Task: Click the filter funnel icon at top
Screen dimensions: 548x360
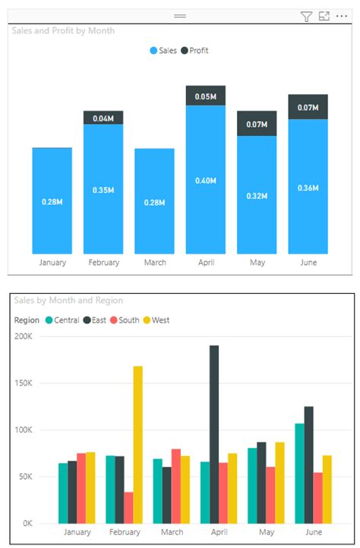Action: coord(306,17)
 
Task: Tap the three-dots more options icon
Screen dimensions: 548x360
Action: coord(342,16)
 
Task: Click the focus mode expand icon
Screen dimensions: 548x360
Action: coord(324,16)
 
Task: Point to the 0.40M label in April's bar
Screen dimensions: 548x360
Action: coord(205,181)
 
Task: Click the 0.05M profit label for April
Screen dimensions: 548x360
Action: coord(205,96)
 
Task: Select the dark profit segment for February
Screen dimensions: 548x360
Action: coord(103,118)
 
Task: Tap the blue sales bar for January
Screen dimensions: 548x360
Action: coord(52,200)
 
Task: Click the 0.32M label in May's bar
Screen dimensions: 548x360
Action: coord(257,196)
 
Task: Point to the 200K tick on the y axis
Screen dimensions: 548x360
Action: coord(24,336)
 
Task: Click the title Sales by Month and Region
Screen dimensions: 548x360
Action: coord(68,301)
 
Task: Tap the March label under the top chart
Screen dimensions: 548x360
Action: coord(155,263)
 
